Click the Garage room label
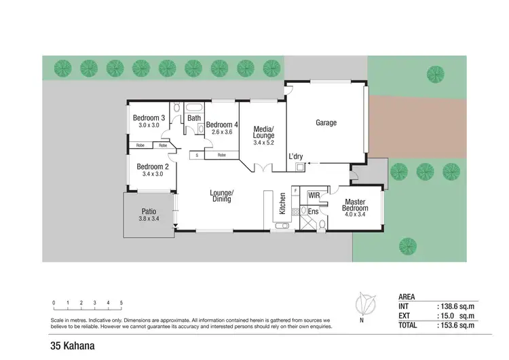tap(326, 123)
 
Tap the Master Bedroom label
tap(356, 206)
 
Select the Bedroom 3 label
tap(148, 118)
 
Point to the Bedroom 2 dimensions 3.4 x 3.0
tap(152, 175)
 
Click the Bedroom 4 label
tap(222, 124)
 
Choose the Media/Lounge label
tap(263, 132)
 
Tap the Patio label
tap(149, 211)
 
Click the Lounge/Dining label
tap(222, 196)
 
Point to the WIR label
tap(314, 196)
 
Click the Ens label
tap(313, 212)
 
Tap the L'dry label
tap(296, 157)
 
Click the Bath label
tap(194, 118)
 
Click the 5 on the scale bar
tap(121, 302)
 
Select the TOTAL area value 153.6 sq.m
tap(457, 325)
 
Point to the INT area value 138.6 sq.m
tap(457, 306)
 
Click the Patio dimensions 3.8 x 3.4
tap(148, 219)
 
